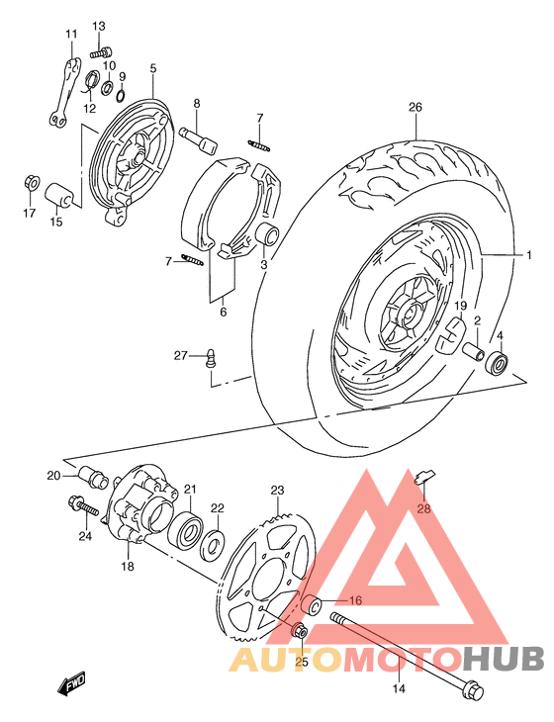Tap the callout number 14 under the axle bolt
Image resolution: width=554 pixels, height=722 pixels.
[399, 689]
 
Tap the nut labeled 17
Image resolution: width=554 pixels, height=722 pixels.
[30, 185]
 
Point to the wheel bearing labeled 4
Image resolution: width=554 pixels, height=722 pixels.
[498, 363]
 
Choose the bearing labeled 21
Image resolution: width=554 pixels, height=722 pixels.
[186, 528]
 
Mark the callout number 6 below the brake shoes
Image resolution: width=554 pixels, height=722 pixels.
[224, 312]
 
